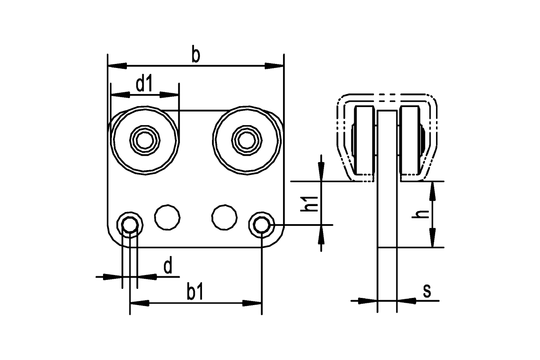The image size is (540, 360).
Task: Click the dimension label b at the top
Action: click(195, 55)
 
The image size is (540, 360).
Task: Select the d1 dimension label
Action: click(144, 84)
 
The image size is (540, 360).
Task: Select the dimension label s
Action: click(427, 291)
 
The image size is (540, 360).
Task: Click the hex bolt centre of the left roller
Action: click(144, 140)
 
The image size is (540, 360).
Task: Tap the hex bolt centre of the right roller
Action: click(246, 140)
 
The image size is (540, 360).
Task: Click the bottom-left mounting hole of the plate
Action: click(130, 224)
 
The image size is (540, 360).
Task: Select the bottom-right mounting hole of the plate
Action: click(261, 224)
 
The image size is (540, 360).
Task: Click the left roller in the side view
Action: click(364, 140)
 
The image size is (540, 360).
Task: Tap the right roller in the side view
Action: click(409, 140)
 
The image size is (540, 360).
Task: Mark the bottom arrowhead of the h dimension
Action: click(432, 238)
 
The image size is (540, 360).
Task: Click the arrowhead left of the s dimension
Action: click(367, 300)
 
